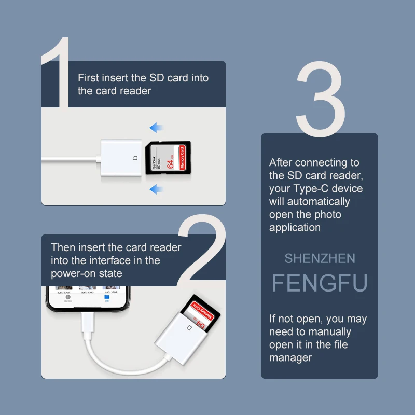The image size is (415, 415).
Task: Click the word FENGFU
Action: (x=320, y=283)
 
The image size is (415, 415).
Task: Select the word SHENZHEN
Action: (x=320, y=258)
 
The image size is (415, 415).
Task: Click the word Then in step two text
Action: (x=62, y=247)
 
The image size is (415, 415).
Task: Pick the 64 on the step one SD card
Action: (x=169, y=163)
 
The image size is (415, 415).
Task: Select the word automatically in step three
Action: (x=319, y=201)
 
